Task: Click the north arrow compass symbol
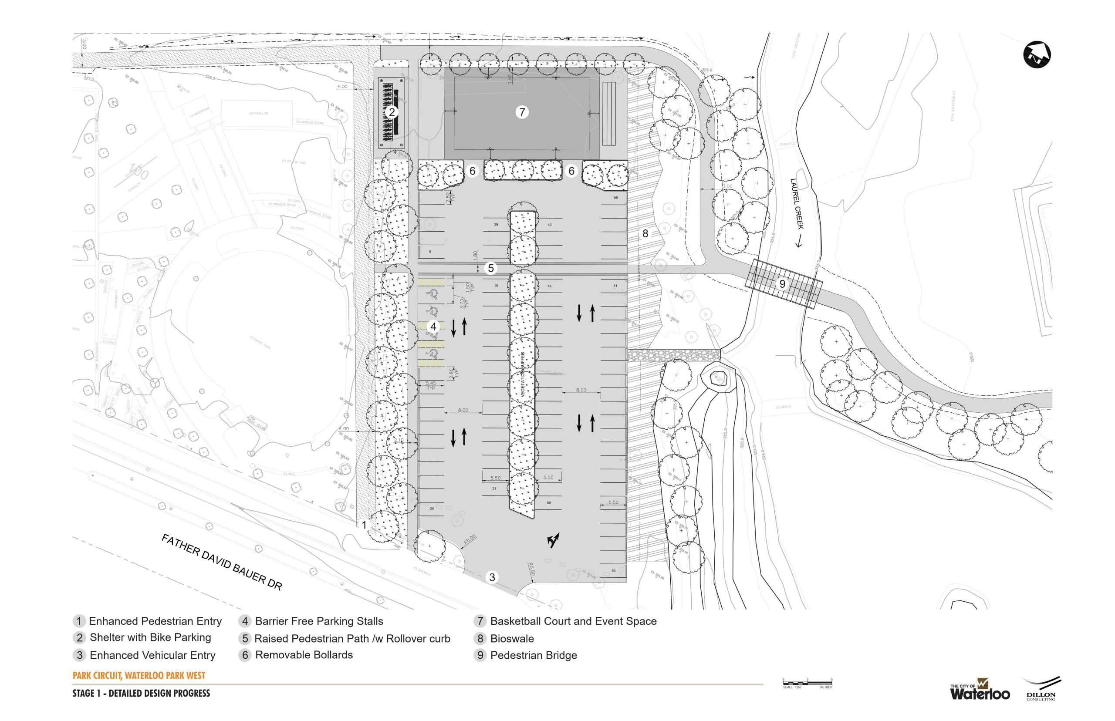[x=1036, y=55]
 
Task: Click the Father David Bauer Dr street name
[x=222, y=562]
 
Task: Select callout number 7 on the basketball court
[x=522, y=112]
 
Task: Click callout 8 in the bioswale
[x=645, y=233]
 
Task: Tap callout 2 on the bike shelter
[x=392, y=112]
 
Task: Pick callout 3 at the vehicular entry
[x=492, y=577]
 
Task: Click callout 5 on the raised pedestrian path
[x=491, y=268]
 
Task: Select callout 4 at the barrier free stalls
[x=433, y=327]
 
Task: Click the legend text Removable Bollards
[x=304, y=654]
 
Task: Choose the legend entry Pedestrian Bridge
[x=533, y=655]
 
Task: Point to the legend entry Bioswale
[x=511, y=639]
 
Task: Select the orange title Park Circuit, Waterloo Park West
[x=139, y=676]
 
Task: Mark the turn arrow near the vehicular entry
[x=553, y=540]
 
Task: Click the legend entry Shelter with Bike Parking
[x=150, y=637]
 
